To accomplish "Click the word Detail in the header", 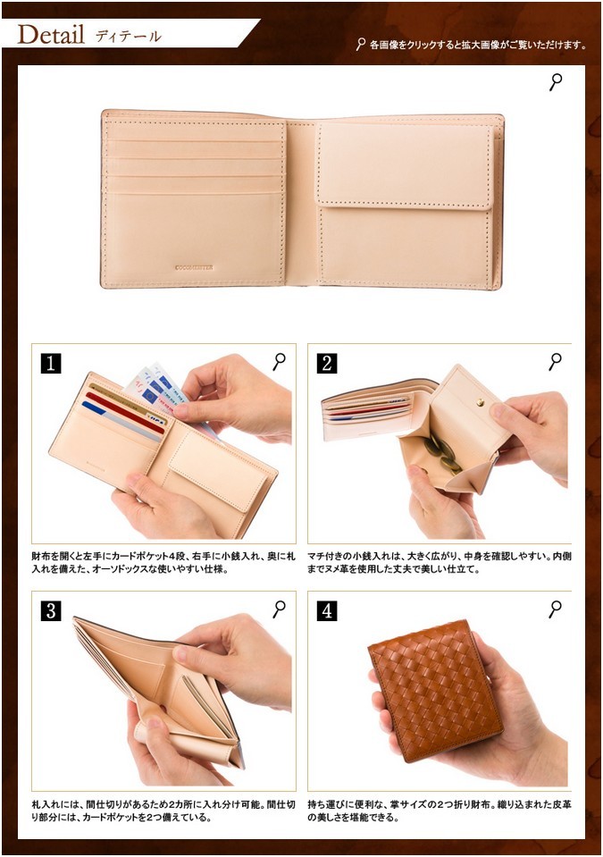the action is point(51,35).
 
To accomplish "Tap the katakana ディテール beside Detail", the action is point(129,37).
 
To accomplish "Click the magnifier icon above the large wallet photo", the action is point(556,82).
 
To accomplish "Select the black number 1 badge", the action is point(51,364).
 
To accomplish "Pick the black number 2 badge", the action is point(327,364).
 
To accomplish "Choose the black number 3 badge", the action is point(51,610).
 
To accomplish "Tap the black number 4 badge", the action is point(327,610).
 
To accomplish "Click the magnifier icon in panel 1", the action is point(279,362).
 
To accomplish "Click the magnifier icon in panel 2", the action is point(556,362).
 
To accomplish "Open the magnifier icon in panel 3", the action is point(279,609).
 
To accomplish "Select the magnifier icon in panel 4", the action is point(556,609).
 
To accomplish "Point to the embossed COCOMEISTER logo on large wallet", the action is point(194,268).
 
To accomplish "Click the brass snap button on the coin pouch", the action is point(480,403).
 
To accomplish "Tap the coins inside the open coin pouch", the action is point(443,453).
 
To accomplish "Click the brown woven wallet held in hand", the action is point(435,691).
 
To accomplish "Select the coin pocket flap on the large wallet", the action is point(405,165).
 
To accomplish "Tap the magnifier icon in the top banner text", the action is point(361,45).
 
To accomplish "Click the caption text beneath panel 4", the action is point(440,811).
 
